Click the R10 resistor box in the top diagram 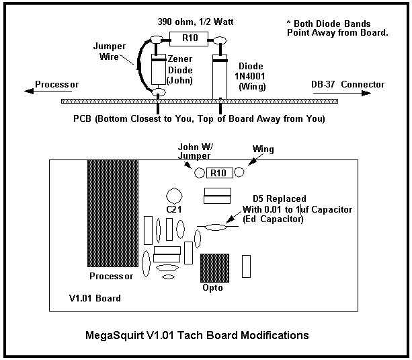pyautogui.click(x=189, y=38)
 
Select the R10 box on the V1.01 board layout pyautogui.click(x=220, y=173)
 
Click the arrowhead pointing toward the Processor pyautogui.click(x=29, y=91)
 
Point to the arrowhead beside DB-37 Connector pyautogui.click(x=366, y=93)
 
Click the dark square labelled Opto pyautogui.click(x=214, y=268)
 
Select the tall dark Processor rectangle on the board pyautogui.click(x=113, y=213)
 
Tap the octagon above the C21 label pyautogui.click(x=174, y=196)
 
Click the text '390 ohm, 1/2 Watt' pyautogui.click(x=195, y=22)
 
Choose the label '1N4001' pyautogui.click(x=249, y=76)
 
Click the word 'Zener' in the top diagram pyautogui.click(x=180, y=59)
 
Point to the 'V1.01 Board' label pyautogui.click(x=95, y=298)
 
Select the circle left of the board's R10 pyautogui.click(x=200, y=173)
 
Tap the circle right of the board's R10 pyautogui.click(x=239, y=172)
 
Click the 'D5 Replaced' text pyautogui.click(x=280, y=199)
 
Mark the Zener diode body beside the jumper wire pyautogui.click(x=159, y=69)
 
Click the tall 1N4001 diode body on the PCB pyautogui.click(x=220, y=77)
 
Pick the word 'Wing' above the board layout pyautogui.click(x=263, y=149)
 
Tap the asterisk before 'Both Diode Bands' pyautogui.click(x=289, y=22)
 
